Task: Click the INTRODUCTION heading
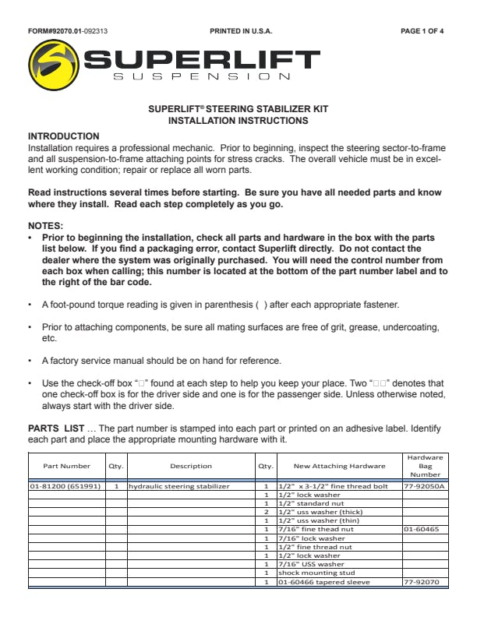coord(64,136)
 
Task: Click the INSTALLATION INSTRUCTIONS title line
coord(238,121)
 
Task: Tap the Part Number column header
coord(66,466)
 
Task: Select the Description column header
coord(191,466)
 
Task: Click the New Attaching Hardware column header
coord(339,466)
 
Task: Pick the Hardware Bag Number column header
coord(426,466)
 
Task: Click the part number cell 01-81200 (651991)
coord(66,487)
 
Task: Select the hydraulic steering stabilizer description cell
coord(180,487)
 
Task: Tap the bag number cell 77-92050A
coord(424,487)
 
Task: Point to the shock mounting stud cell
coord(311,572)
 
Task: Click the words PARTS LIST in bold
coord(55,428)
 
